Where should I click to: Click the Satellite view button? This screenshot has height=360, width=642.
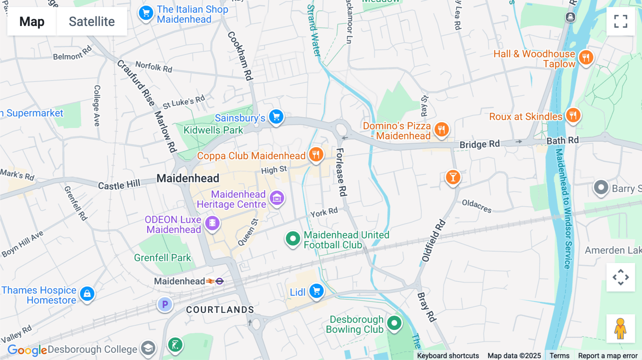[x=92, y=21]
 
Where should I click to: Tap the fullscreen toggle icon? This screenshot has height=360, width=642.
[x=621, y=21]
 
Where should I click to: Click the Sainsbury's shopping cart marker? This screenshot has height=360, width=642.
[x=276, y=117]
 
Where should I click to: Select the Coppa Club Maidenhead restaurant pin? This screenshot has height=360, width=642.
[x=316, y=155]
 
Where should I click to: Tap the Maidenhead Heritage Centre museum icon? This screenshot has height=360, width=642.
[x=277, y=198]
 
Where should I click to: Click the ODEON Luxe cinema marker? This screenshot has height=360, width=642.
[x=212, y=223]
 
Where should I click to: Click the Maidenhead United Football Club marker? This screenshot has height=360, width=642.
[x=293, y=238]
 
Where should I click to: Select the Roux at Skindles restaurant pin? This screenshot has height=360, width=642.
[x=573, y=115]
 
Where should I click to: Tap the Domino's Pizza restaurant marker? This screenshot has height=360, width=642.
[x=442, y=129]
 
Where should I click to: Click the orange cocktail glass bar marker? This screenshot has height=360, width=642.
[x=453, y=177]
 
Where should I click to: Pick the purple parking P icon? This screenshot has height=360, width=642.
[x=165, y=304]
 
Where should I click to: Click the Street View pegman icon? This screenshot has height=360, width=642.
[x=621, y=328]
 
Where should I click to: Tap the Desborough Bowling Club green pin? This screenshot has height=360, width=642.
[x=394, y=323]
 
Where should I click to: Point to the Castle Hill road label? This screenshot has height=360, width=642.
[x=119, y=185]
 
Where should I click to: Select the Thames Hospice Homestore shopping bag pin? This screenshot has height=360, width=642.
[x=87, y=294]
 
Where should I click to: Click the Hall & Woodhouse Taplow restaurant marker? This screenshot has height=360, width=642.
[x=586, y=57]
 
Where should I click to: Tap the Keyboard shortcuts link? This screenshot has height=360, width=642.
[x=448, y=356]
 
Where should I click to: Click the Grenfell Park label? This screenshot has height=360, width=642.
[x=163, y=258]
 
